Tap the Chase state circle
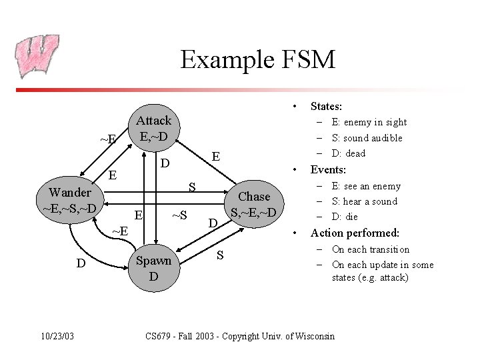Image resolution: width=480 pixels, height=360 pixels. pyautogui.click(x=255, y=205)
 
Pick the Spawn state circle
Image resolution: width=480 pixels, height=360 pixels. pyautogui.click(x=153, y=268)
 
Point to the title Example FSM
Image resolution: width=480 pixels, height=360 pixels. pyautogui.click(x=257, y=60)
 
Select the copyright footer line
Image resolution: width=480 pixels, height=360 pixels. pyautogui.click(x=240, y=336)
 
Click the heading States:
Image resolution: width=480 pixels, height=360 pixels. pyautogui.click(x=326, y=106)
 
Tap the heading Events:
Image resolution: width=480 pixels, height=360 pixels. pyautogui.click(x=328, y=170)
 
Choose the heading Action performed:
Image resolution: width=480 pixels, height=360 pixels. pyautogui.click(x=355, y=233)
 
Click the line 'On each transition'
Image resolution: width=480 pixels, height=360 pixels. pyautogui.click(x=370, y=249)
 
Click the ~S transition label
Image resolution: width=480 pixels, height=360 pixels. pyautogui.click(x=179, y=215)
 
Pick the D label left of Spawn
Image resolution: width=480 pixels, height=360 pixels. pyautogui.click(x=81, y=263)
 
